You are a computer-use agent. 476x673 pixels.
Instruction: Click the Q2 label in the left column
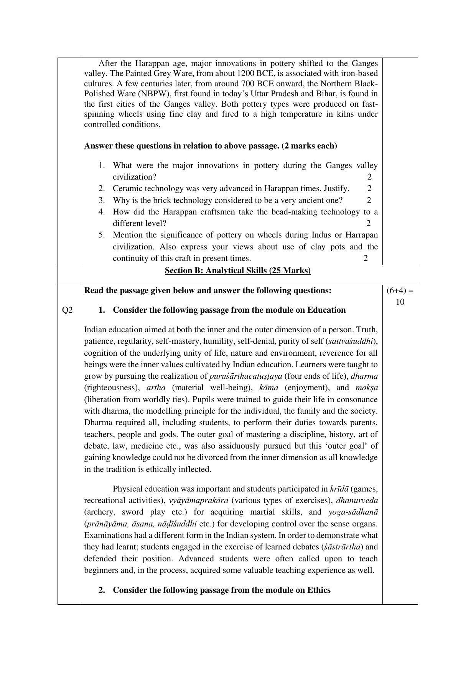[68, 310]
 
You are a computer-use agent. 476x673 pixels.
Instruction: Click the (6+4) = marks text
[400, 290]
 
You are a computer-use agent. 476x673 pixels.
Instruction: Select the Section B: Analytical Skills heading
[237, 271]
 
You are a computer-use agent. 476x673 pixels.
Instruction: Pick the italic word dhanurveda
[357, 500]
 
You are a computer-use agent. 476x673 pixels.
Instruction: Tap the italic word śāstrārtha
[343, 547]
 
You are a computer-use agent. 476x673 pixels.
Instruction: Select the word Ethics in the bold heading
[319, 590]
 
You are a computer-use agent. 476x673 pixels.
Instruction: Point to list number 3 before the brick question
[101, 200]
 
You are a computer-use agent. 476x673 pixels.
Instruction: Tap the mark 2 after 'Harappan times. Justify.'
[369, 188]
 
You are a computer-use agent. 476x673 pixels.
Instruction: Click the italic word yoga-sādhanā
[353, 512]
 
